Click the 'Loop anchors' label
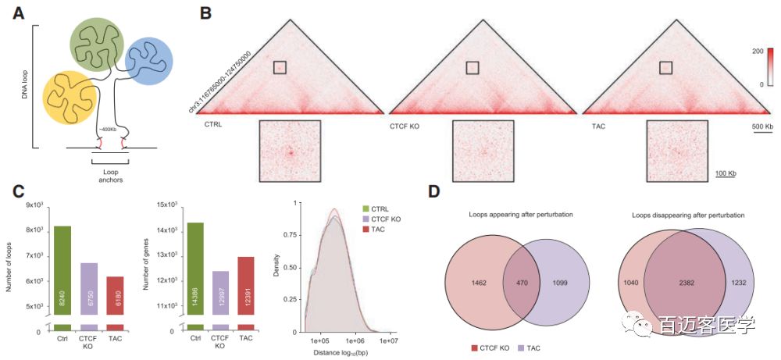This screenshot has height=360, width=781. [x=109, y=175]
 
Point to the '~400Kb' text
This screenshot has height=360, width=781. [x=107, y=129]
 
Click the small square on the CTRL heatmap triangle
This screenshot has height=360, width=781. [x=280, y=68]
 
